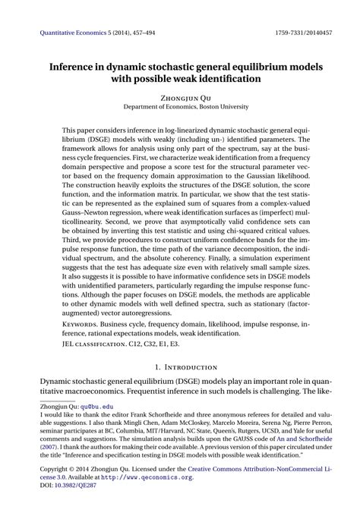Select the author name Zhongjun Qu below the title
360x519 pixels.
pyautogui.click(x=180, y=98)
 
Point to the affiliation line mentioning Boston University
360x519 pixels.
pyautogui.click(x=180, y=108)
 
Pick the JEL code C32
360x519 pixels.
pyautogui.click(x=171, y=343)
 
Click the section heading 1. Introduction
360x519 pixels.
pyautogui.click(x=180, y=367)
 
